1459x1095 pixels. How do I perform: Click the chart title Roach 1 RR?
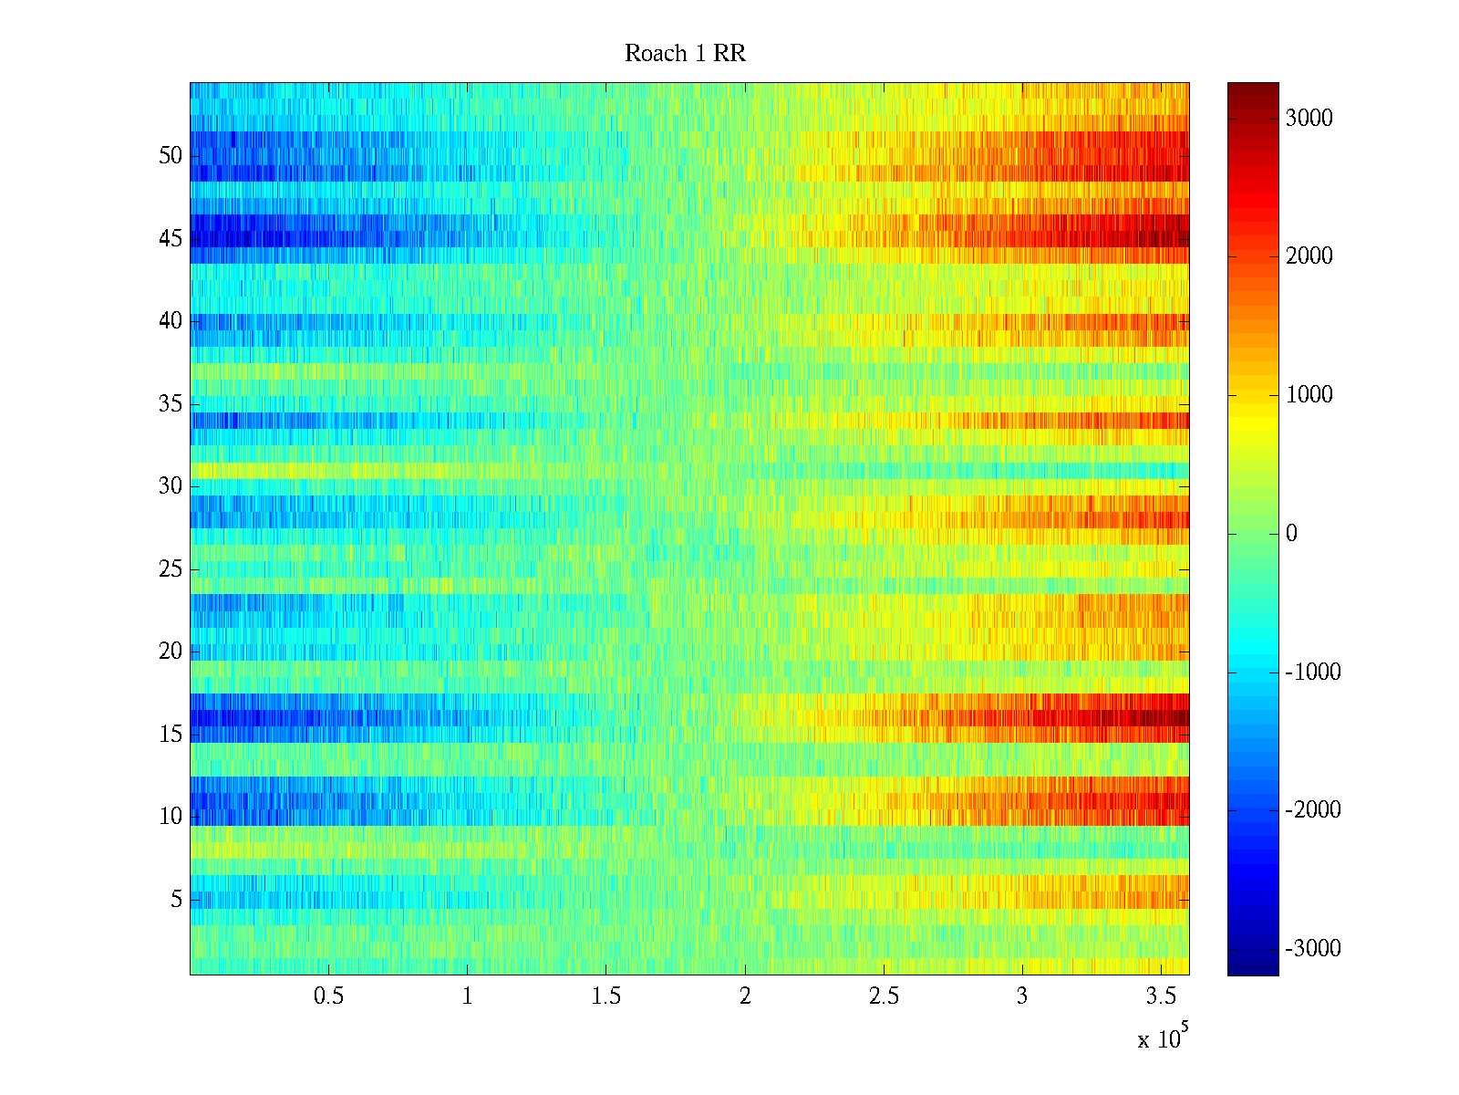pyautogui.click(x=685, y=54)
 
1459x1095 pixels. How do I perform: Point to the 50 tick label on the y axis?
pyautogui.click(x=171, y=156)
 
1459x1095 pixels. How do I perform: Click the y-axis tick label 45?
pyautogui.click(x=171, y=239)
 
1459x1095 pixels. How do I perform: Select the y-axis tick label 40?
pyautogui.click(x=171, y=321)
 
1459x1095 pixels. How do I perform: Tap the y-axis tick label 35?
pyautogui.click(x=171, y=404)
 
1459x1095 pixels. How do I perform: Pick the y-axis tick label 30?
pyautogui.click(x=171, y=486)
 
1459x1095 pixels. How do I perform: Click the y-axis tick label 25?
pyautogui.click(x=171, y=569)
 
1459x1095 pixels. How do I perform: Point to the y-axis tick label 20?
pyautogui.click(x=171, y=652)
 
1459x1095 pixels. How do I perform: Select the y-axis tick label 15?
pyautogui.click(x=171, y=735)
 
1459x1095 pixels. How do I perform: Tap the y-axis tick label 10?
pyautogui.click(x=171, y=817)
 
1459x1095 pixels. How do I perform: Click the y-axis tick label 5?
pyautogui.click(x=176, y=900)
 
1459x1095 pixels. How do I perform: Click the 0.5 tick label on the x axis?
pyautogui.click(x=328, y=996)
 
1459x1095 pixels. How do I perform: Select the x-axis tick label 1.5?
pyautogui.click(x=605, y=996)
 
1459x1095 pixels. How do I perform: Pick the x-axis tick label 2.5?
pyautogui.click(x=883, y=996)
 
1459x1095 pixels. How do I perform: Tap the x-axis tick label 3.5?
pyautogui.click(x=1160, y=996)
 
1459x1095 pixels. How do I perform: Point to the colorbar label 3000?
pyautogui.click(x=1309, y=119)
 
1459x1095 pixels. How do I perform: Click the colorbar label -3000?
pyautogui.click(x=1312, y=949)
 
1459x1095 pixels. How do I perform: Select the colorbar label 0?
pyautogui.click(x=1291, y=534)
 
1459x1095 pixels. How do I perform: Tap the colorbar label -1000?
pyautogui.click(x=1312, y=673)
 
